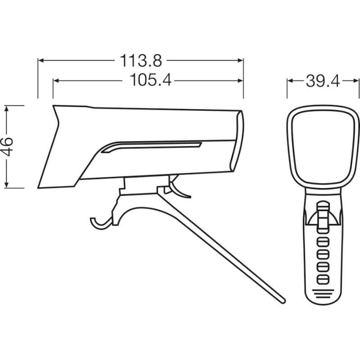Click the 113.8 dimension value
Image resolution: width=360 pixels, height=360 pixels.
pyautogui.click(x=141, y=61)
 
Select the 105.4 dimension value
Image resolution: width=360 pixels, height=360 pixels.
pyautogui.click(x=151, y=80)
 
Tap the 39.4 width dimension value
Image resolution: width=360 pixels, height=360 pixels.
pyautogui.click(x=323, y=81)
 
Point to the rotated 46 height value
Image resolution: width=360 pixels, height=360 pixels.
pyautogui.click(x=7, y=147)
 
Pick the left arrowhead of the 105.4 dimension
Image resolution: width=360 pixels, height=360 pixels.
pyautogui.click(x=56, y=81)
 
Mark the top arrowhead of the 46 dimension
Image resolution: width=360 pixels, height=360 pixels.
pyautogui.click(x=7, y=108)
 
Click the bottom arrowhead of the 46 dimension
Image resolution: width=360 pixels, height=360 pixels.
pyautogui.click(x=7, y=185)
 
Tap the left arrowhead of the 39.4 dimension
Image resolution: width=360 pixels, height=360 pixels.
pyautogui.click(x=290, y=81)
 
